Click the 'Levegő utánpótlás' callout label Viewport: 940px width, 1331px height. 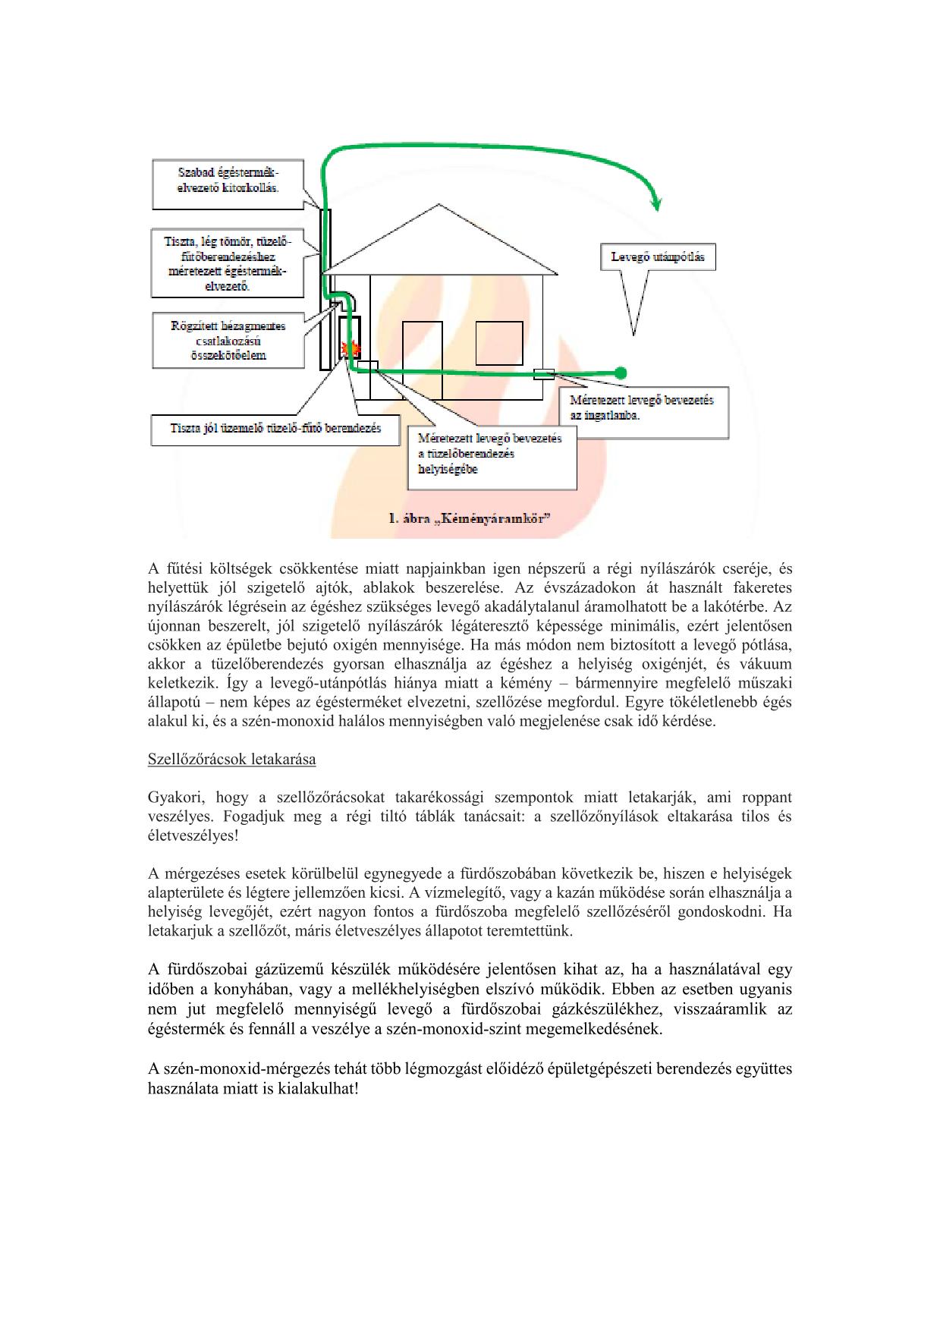pyautogui.click(x=658, y=257)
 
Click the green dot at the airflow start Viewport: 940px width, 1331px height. pyautogui.click(x=621, y=373)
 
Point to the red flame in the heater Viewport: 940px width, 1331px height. pyautogui.click(x=351, y=349)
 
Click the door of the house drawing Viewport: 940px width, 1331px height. pyautogui.click(x=422, y=360)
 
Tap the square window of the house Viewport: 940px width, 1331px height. pyautogui.click(x=498, y=343)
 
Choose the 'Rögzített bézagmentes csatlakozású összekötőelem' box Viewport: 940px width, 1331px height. pyautogui.click(x=228, y=341)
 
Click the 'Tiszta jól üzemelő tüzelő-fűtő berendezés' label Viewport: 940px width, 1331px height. pyautogui.click(x=275, y=428)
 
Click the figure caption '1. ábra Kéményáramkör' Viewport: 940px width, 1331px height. pyautogui.click(x=470, y=519)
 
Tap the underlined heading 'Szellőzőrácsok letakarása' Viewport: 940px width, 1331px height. pyautogui.click(x=231, y=759)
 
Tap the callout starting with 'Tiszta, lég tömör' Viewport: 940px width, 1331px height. pyautogui.click(x=228, y=264)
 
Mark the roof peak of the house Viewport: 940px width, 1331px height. pyautogui.click(x=439, y=205)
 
